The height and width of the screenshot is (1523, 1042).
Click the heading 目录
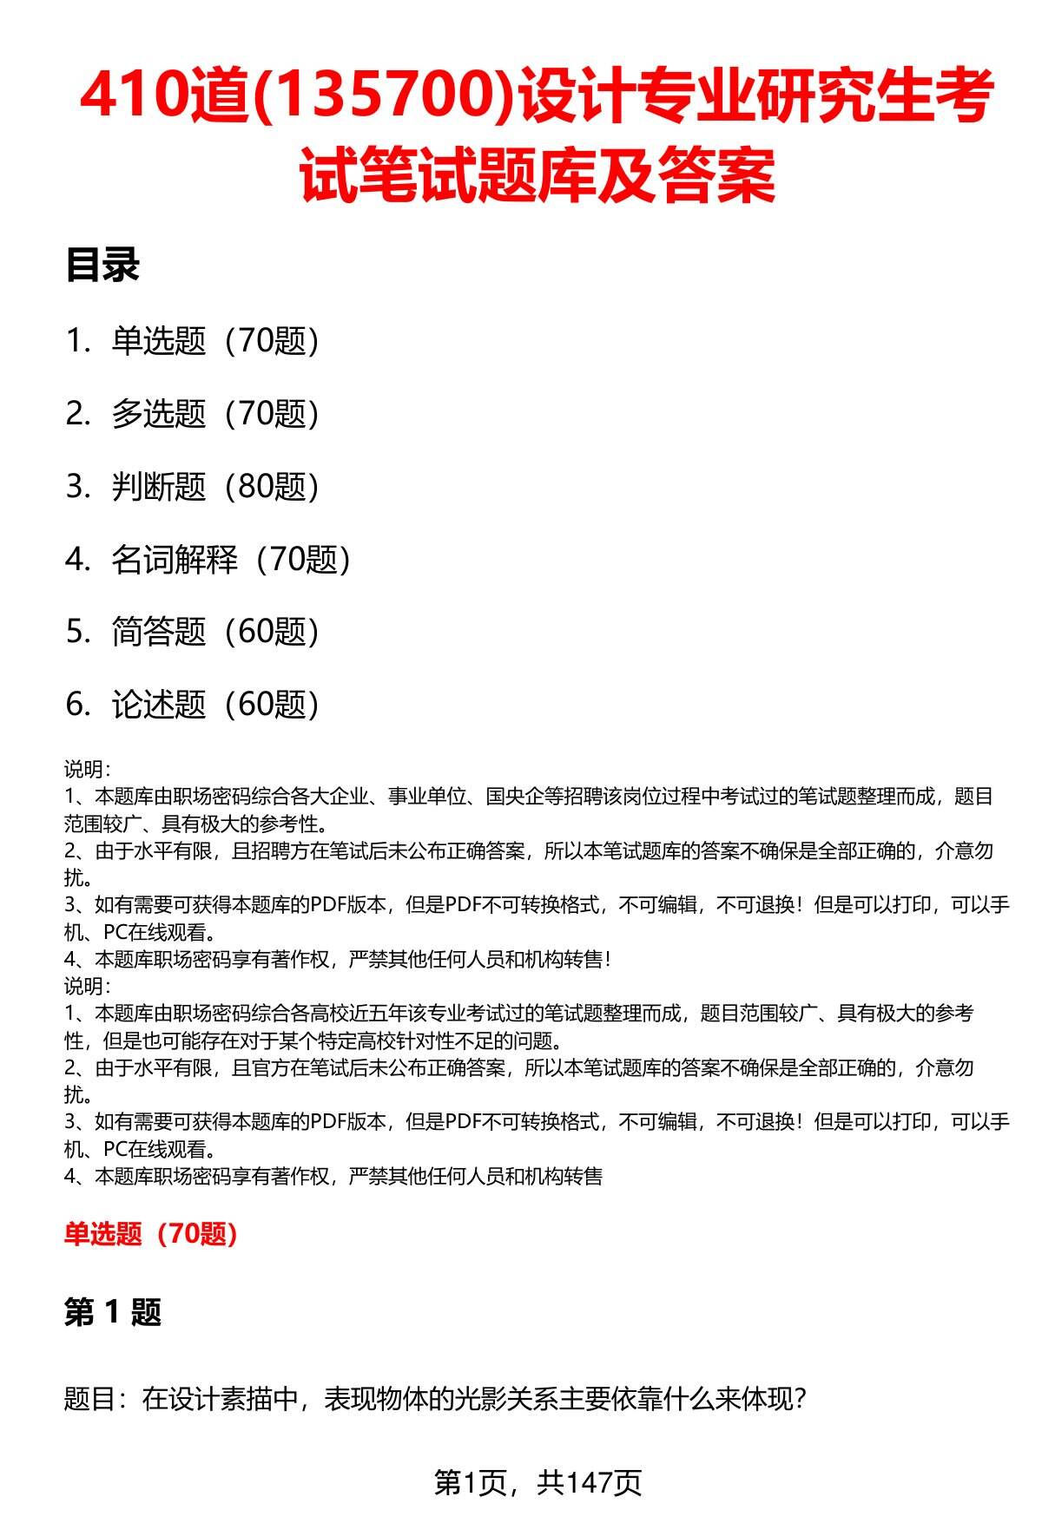pyautogui.click(x=102, y=266)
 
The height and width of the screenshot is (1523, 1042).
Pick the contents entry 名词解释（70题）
pyautogui.click(x=230, y=560)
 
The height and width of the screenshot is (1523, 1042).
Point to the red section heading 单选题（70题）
pyautogui.click(x=151, y=1233)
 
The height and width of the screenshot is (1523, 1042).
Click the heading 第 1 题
pyautogui.click(x=113, y=1313)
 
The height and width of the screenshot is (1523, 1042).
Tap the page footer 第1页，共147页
pyautogui.click(x=537, y=1482)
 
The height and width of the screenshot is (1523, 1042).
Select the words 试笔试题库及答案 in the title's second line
pyautogui.click(x=537, y=175)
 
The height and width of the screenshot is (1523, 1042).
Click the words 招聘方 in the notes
pyautogui.click(x=260, y=850)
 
